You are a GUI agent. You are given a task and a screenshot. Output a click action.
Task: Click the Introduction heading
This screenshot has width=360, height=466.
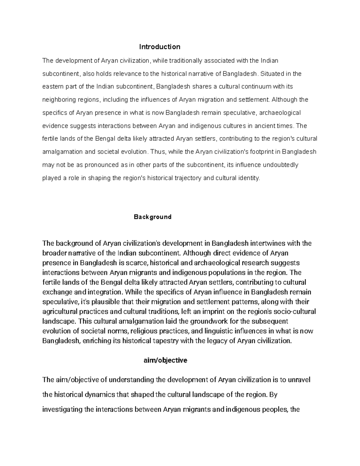160,47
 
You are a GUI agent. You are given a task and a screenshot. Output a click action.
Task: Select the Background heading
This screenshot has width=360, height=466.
152,217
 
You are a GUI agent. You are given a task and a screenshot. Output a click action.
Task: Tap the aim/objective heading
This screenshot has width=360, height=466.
166,360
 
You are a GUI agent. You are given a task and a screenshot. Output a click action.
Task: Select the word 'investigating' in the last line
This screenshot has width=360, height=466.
62,410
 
